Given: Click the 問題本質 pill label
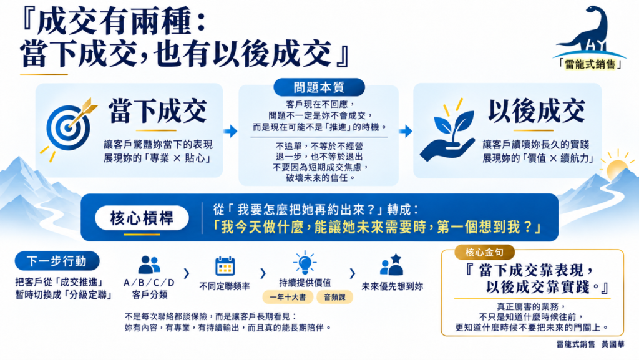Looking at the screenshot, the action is pos(319,87).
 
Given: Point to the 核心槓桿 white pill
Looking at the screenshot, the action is pos(142,218).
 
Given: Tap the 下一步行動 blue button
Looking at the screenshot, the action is pos(57,261).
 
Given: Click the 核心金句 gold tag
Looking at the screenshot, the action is pos(484,253).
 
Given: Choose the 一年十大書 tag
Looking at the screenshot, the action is pos(288,297).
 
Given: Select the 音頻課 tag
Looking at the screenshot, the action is pos(334,297).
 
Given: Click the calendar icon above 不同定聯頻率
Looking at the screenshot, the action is pos(225,266).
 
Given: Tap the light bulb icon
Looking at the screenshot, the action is pos(305,263).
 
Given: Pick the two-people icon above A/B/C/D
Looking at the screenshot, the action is pos(149,265).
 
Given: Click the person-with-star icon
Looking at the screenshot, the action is pos(392,265).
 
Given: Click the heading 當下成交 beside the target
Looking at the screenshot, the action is pos(158,111).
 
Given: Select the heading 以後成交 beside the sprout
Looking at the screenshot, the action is pos(537,111).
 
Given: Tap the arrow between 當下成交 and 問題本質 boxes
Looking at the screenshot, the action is pos(231,131).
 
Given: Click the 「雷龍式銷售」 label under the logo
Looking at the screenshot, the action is pos(590,64).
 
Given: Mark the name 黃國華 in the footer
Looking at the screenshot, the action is pos(613,344).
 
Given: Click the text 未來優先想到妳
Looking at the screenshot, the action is pos(392,287).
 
